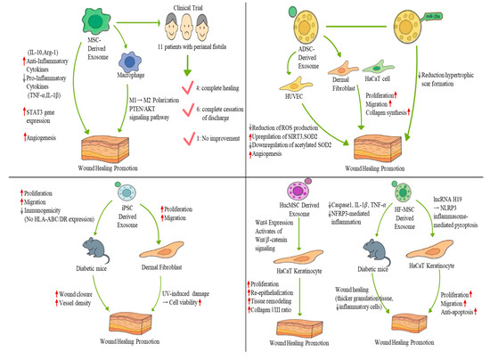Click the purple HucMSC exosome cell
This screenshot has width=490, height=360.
314,201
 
